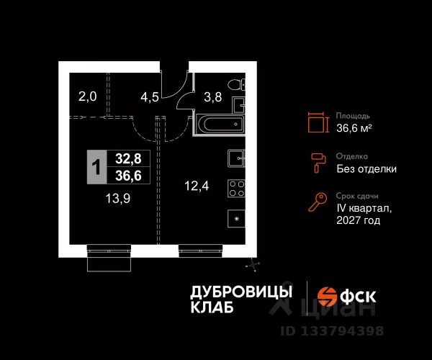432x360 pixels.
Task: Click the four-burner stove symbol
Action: pos(236,188)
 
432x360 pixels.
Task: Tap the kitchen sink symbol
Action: pos(236,158)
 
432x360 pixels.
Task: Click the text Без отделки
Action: pos(366,169)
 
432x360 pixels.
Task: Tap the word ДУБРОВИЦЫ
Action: pos(241,291)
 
